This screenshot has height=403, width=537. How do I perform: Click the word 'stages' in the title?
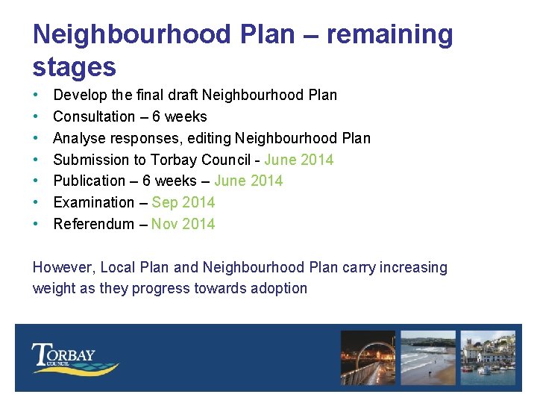coord(75,68)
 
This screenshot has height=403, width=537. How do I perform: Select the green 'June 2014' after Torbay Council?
coord(298,160)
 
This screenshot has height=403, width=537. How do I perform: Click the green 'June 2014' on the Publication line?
coord(248,181)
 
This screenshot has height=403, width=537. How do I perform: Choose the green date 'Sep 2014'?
coord(183,203)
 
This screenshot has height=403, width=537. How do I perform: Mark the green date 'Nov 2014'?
coord(183,225)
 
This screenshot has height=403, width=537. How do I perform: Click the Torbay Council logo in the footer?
coord(75,359)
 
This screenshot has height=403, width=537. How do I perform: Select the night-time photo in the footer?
coord(368,357)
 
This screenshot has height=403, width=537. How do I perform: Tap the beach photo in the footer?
coord(428,357)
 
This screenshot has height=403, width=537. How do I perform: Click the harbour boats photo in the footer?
coord(488,357)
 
